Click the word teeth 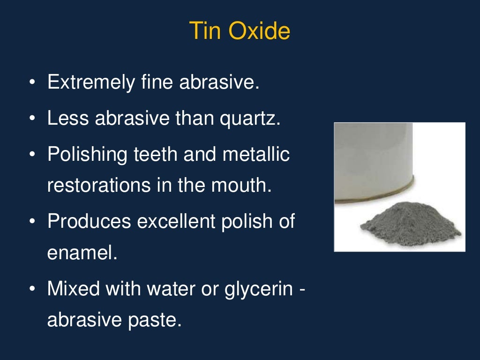151,155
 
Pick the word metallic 255,155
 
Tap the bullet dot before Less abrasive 32,119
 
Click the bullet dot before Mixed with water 32,289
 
